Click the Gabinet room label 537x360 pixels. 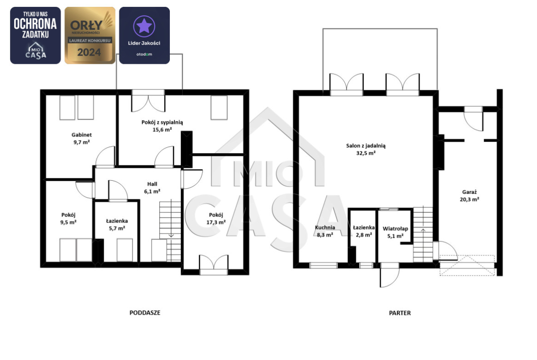82,135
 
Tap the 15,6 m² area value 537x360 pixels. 162,130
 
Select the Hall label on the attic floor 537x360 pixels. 152,184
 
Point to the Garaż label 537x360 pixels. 469,192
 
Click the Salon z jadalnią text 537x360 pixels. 366,146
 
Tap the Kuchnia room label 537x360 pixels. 325,227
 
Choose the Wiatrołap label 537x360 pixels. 395,228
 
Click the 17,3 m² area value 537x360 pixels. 216,222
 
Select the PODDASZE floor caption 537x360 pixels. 145,313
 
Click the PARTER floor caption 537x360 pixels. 400,313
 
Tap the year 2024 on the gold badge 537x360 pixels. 89,52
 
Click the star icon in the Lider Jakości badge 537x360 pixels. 144,26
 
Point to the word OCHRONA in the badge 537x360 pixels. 35,23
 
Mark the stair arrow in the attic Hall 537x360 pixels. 171,231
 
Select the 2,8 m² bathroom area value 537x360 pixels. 364,235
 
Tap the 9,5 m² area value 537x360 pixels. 68,222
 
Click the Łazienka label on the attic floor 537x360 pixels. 117,221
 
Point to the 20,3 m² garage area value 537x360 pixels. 469,199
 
